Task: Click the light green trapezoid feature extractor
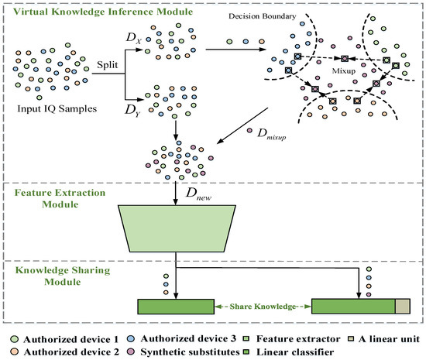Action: (179, 227)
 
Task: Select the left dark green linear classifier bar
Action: (174, 306)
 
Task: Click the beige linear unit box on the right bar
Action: (403, 306)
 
